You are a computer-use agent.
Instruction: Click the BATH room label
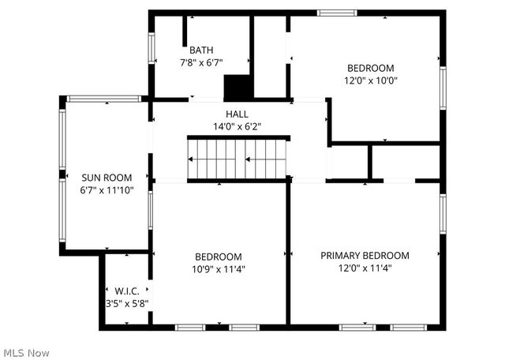point(200,50)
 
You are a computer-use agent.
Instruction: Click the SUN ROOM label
point(107,178)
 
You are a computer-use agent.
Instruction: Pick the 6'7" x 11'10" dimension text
point(107,189)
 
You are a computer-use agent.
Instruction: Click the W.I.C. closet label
point(127,291)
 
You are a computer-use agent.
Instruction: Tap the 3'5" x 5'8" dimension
point(127,302)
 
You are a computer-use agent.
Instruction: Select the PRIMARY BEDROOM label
point(365,256)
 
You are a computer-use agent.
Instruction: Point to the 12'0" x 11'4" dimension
point(365,268)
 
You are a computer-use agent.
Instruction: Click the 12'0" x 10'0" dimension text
point(370,80)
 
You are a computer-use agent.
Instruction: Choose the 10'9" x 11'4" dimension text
point(219,269)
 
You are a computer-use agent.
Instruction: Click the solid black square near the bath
point(237,86)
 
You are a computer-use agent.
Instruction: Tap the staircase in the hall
point(237,159)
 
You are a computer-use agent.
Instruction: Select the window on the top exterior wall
point(337,13)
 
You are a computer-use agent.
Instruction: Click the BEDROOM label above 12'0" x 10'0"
point(370,68)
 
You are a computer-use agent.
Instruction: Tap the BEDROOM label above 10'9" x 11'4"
point(219,257)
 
